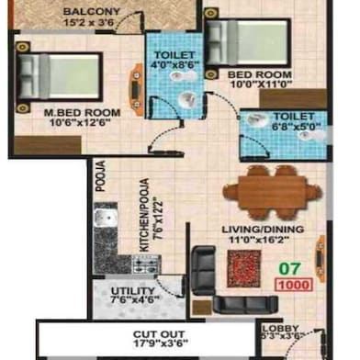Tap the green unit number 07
291,269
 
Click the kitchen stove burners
143,265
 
